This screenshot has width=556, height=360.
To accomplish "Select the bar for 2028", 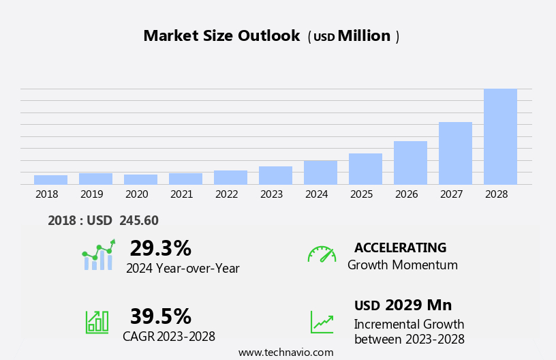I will click(x=500, y=136).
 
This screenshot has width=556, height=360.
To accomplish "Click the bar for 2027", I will click(x=455, y=153).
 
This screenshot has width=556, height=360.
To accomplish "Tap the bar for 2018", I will click(x=50, y=179).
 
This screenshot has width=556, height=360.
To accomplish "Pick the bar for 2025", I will click(x=365, y=168).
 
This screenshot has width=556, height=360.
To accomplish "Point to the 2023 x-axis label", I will click(x=271, y=194).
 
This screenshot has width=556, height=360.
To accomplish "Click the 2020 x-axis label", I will click(x=136, y=194).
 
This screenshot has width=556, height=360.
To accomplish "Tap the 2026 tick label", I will click(x=406, y=194).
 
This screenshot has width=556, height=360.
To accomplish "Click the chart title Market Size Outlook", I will click(x=221, y=36).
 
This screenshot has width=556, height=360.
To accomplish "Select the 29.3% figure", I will click(x=160, y=248).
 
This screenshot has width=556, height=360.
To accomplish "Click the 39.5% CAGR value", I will click(x=160, y=316).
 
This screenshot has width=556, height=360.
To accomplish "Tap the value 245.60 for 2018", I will click(x=139, y=220).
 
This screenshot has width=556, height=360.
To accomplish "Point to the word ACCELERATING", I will click(x=400, y=247).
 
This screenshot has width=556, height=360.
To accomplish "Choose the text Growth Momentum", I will click(x=402, y=265).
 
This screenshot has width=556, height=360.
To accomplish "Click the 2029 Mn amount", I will click(x=418, y=305).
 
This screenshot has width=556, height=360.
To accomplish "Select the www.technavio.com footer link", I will click(x=285, y=352).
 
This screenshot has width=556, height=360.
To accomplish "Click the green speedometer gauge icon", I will click(x=322, y=254).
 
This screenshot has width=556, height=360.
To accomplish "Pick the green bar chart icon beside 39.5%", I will click(x=97, y=321).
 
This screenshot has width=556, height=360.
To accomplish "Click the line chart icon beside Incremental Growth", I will click(x=322, y=322).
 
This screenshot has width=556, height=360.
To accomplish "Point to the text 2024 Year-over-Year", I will click(x=183, y=269).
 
